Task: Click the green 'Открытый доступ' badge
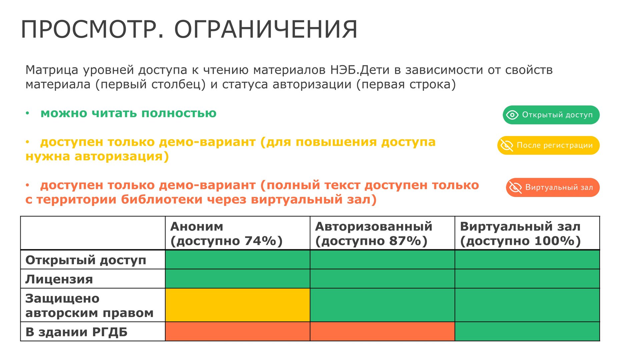click(551, 115)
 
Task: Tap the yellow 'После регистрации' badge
click(548, 145)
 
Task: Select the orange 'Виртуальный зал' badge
click(553, 187)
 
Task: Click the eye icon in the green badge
click(512, 115)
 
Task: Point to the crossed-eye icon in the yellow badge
click(507, 145)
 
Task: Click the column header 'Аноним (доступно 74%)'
click(226, 234)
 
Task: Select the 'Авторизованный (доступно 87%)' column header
click(374, 234)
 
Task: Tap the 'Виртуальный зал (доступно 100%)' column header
click(520, 234)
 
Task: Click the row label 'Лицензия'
click(59, 279)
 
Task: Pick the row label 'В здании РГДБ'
click(76, 332)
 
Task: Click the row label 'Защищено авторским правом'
click(89, 305)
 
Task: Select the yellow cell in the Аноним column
click(238, 305)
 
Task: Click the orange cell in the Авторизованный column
click(382, 331)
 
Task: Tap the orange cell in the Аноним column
click(238, 331)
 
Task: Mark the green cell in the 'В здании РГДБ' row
click(527, 331)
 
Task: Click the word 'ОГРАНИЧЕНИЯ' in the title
click(266, 30)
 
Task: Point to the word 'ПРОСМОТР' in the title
click(89, 30)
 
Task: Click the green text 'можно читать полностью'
click(128, 113)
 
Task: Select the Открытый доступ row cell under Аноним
click(238, 260)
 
